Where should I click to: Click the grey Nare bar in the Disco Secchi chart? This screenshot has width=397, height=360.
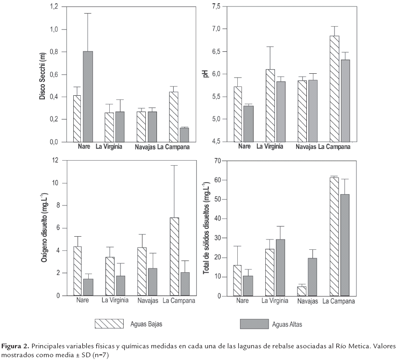88,96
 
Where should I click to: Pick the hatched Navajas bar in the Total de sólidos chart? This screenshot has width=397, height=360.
302,291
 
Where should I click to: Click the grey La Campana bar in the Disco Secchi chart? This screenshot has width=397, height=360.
184,134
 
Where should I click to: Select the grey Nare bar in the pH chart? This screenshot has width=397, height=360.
248,124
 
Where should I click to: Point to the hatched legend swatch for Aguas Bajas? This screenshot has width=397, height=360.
109,324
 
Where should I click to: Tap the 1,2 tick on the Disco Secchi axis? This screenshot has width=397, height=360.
54,7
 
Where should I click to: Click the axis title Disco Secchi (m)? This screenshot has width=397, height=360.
43,75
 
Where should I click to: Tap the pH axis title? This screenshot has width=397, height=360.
202,74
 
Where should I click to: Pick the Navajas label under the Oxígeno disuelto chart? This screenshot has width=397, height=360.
147,301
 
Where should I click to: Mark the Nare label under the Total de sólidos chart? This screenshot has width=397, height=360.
242,301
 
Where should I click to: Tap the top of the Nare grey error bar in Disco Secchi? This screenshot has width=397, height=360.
88,14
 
